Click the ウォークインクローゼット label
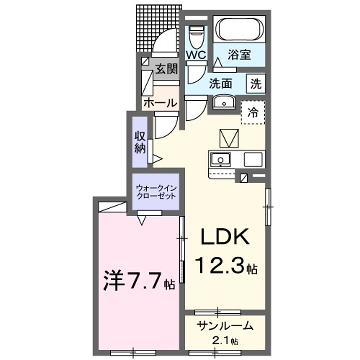tap(154, 190)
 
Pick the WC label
tap(196, 55)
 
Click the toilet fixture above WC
tap(195, 38)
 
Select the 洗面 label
tap(221, 84)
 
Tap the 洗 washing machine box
tap(257, 84)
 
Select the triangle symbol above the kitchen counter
tap(226, 136)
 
